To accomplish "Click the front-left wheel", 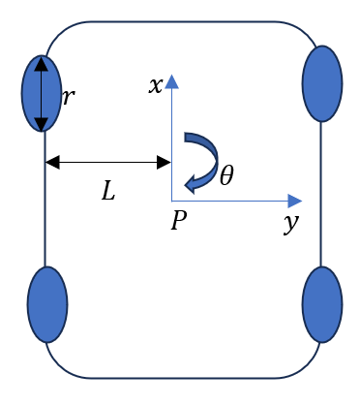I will tap(29, 94).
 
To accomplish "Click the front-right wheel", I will tap(322, 83).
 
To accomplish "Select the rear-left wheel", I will tap(47, 305).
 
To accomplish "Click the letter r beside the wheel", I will tap(68, 97).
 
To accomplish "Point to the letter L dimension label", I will tap(108, 191).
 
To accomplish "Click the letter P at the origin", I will tap(178, 222).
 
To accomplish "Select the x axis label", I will tap(155, 85).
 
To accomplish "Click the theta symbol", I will tap(226, 175).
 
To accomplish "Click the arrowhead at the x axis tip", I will tap(171, 80).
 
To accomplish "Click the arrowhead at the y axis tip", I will tap(297, 202).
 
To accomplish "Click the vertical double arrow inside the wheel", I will tap(42, 94).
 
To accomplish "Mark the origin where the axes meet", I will tap(171, 202).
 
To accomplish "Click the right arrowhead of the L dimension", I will tap(165, 162).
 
